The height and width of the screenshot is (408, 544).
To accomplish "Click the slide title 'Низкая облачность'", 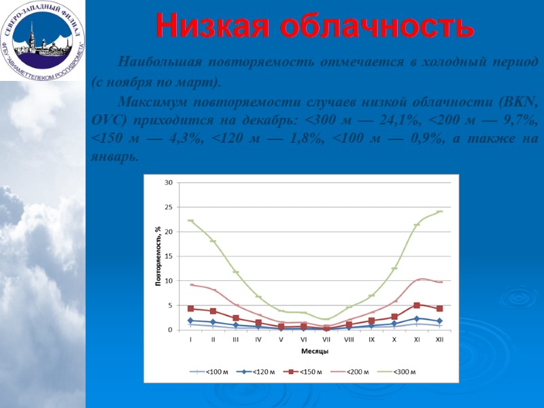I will click(314, 26).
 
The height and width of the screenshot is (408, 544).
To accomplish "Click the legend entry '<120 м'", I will click(261, 372).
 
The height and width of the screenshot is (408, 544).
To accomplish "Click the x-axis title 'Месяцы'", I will click(315, 352).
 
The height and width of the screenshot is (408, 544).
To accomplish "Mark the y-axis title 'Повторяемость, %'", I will click(158, 256).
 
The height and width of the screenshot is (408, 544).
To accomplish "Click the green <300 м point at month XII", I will click(439, 211).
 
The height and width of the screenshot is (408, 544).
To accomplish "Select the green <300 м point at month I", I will click(190, 220).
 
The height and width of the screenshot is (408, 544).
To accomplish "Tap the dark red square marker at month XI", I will click(417, 305).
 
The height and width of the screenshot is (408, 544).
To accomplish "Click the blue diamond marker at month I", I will click(190, 321).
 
